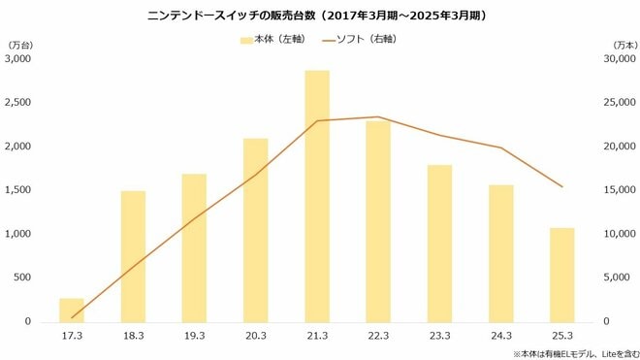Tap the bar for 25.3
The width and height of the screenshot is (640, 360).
pos(562,275)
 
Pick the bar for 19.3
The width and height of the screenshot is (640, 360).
pos(194,247)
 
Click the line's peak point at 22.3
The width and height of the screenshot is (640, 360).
pos(378,117)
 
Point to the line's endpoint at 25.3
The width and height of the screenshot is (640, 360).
pos(562,186)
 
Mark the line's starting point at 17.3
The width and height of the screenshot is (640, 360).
pos(72,317)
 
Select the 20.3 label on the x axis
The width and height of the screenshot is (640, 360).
pos(255,335)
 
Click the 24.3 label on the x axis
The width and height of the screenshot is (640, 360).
pos(501,335)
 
